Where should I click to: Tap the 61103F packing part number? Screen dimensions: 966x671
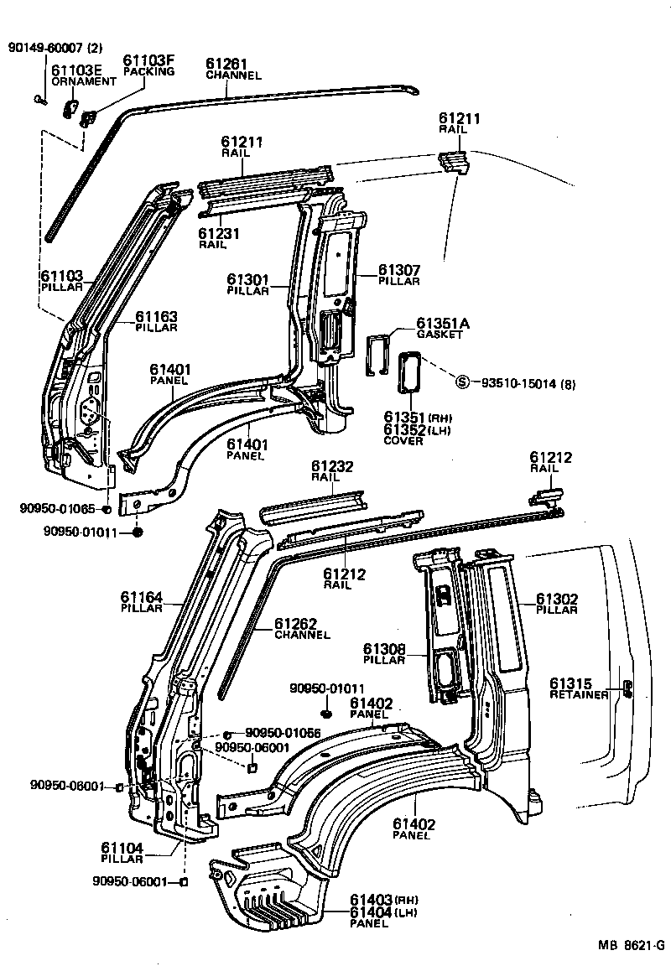(148, 60)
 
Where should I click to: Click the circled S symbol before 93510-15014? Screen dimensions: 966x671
(461, 383)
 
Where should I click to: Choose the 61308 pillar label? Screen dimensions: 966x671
(385, 648)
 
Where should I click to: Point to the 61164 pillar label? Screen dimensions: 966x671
(142, 597)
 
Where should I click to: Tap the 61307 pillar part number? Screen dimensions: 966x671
(398, 270)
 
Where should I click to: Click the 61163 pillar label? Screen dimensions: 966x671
(157, 316)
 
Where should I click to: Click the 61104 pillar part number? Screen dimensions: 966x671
(123, 848)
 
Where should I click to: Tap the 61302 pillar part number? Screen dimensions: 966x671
(558, 599)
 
